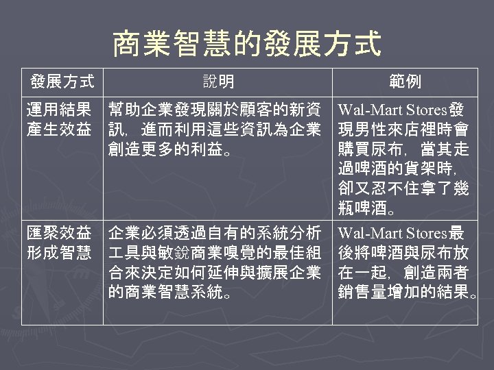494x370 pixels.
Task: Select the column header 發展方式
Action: [x=62, y=82]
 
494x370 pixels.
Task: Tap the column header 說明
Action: [x=217, y=82]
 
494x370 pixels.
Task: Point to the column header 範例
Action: [x=405, y=82]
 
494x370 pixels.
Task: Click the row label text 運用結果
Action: [x=58, y=109]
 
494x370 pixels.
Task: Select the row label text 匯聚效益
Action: [x=58, y=232]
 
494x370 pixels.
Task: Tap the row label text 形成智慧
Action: [x=58, y=253]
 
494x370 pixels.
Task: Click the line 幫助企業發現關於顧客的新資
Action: [x=215, y=109]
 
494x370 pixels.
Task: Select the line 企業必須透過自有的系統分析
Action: [x=215, y=232]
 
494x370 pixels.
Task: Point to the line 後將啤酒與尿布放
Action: [x=403, y=253]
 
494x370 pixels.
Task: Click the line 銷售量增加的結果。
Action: [x=408, y=293]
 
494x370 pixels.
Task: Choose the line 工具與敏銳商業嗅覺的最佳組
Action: [x=215, y=253]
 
